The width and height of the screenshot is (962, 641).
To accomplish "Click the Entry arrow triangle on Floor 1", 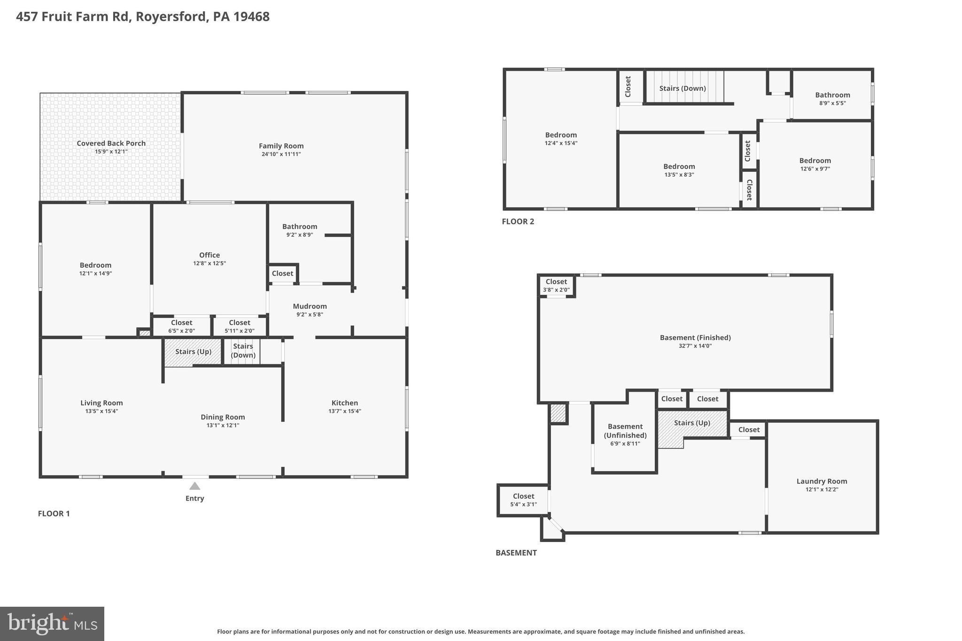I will point(194,486).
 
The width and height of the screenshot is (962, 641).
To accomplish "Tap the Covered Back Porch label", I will point(111,143).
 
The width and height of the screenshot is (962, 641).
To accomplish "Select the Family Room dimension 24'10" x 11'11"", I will point(281,154).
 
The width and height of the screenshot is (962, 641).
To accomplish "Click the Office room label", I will point(209,255).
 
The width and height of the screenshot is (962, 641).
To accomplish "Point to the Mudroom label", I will point(310,306).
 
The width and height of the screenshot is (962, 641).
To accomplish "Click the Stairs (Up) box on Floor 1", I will point(193,352).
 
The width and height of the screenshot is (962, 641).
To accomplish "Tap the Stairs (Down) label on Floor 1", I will point(243,350).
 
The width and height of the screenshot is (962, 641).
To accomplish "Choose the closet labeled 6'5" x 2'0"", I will point(181,326).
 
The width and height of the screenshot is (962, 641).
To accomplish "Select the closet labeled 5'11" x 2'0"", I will point(240,326).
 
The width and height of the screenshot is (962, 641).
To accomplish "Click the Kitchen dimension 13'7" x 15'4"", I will point(344,411).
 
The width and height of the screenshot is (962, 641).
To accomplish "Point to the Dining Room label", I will point(223,417).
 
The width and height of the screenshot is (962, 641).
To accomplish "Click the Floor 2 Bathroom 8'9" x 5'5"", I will point(832,99).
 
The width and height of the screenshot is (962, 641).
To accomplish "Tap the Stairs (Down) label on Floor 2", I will point(682,88).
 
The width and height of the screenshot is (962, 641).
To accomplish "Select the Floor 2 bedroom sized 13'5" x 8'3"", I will point(679,170).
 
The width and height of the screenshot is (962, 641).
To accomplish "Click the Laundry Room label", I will point(822,481).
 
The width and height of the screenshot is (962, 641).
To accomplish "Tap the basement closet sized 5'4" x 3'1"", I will point(523,500).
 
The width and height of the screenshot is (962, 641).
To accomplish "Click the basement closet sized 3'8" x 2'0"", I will point(556,286).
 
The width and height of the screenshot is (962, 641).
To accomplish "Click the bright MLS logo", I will point(52,624).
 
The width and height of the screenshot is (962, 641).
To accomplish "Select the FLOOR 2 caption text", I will point(518,222).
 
